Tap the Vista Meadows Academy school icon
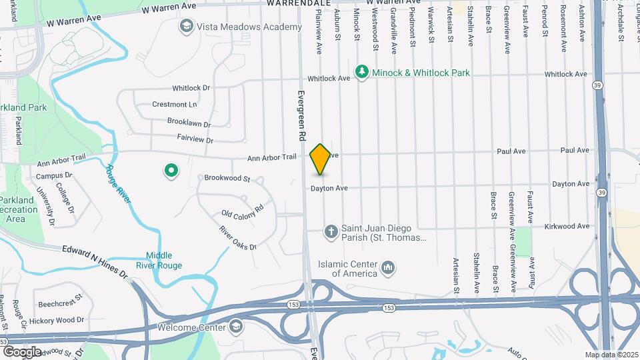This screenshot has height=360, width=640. (x=186, y=27)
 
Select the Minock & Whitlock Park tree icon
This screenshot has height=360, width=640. (x=362, y=72)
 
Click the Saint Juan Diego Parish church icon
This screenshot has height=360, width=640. (x=331, y=232)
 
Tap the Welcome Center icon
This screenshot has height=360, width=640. (x=235, y=327)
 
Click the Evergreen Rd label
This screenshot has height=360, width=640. (x=301, y=115)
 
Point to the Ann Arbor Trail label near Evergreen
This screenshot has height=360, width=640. (x=271, y=158)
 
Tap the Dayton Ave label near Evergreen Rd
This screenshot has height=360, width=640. (x=329, y=189)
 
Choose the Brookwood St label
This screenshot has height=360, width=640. (x=227, y=179)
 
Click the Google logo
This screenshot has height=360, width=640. (x=22, y=351)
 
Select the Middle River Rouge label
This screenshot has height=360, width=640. (x=160, y=261)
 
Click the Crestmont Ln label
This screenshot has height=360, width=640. (x=175, y=105)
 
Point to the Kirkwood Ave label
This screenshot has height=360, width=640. (x=566, y=226)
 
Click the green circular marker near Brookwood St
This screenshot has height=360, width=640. (x=171, y=171)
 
